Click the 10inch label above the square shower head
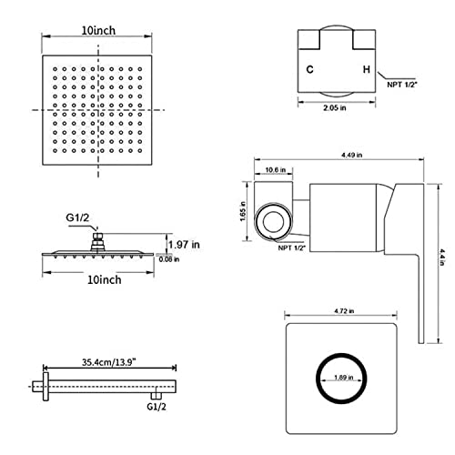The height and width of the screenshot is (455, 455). tap(98, 30)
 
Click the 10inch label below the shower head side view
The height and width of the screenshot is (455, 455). tap(105, 279)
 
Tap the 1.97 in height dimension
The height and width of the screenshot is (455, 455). tap(184, 244)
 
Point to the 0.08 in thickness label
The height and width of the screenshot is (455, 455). tap(169, 259)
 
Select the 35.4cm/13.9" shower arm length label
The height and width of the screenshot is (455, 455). tap(108, 362)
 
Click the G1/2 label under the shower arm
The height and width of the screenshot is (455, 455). tap(157, 407)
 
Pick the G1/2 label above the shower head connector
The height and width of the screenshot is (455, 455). tap(77, 217)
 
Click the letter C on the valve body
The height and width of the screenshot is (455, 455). tap(309, 69)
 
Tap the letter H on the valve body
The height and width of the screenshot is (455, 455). tap(367, 69)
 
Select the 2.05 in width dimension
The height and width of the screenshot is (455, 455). tap(335, 107)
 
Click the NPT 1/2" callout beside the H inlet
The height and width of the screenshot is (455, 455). tap(402, 85)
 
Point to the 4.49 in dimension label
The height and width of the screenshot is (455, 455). tap(352, 155)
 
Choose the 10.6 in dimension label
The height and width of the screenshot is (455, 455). tap(276, 170)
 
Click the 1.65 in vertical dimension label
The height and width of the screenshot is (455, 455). tap(243, 211)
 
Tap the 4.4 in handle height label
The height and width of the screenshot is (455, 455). tap(442, 258)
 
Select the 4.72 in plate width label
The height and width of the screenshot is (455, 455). tap(344, 311)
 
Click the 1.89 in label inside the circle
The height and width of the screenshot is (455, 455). tap(344, 378)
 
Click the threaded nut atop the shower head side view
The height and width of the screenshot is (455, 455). tap(97, 241)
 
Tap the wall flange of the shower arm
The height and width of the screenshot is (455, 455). tap(45, 387)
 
